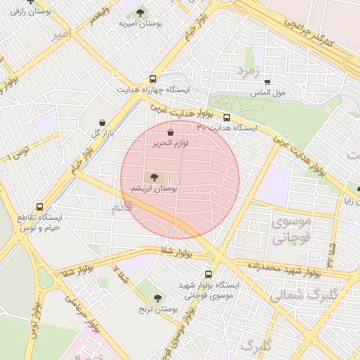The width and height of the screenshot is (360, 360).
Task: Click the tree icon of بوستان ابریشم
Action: click(x=154, y=176)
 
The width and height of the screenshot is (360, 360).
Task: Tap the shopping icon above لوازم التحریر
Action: click(x=171, y=131)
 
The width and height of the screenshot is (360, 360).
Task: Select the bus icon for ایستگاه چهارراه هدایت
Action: click(x=153, y=79)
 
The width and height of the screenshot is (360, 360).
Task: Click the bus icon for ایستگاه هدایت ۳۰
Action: click(x=226, y=117)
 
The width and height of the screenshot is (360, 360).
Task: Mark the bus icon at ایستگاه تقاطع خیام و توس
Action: click(x=39, y=207)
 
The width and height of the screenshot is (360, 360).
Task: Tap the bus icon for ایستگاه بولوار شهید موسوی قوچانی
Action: click(x=208, y=274)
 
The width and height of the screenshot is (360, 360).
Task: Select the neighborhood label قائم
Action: click(x=122, y=208)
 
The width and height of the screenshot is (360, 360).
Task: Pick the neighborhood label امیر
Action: click(x=60, y=35)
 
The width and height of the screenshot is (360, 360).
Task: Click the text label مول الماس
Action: click(x=289, y=93)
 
